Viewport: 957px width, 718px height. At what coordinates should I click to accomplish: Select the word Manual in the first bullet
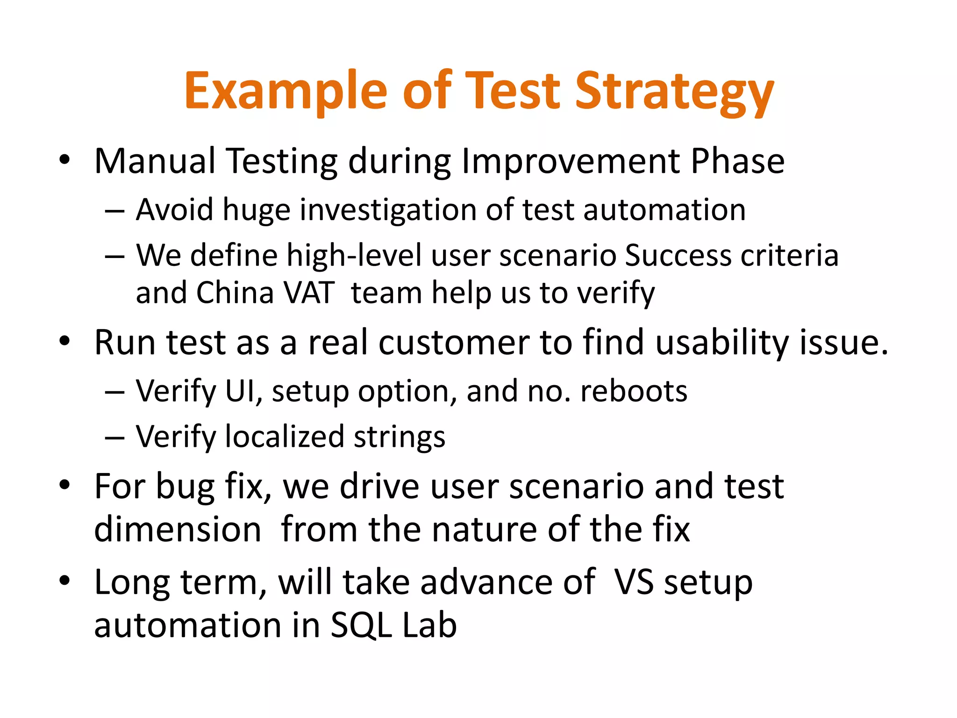click(x=155, y=161)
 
